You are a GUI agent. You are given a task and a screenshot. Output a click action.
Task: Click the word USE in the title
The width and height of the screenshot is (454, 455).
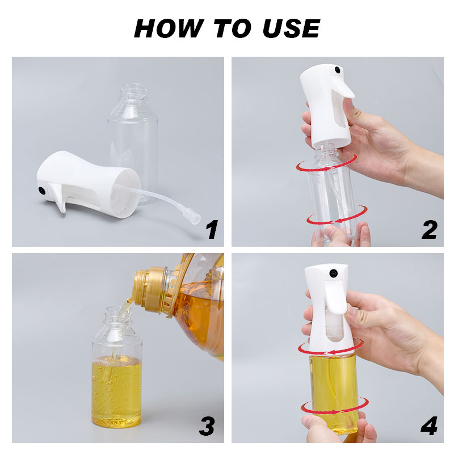[291, 28]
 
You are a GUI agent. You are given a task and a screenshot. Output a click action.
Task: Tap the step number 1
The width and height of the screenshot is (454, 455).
[212, 229]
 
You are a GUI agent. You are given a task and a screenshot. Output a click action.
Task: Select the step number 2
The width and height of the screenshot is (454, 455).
[430, 229]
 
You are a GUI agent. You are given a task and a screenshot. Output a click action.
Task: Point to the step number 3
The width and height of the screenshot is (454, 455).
[207, 425]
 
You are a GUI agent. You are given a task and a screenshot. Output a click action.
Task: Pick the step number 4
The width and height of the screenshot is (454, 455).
[429, 425]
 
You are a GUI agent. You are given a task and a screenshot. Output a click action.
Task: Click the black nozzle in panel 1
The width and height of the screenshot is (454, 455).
[42, 191]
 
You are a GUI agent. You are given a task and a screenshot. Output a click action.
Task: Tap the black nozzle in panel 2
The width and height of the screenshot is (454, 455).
[337, 70]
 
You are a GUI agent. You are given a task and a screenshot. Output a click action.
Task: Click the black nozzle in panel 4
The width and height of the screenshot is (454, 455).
[333, 272]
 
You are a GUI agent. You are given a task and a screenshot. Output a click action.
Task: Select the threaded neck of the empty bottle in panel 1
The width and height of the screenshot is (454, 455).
[134, 91]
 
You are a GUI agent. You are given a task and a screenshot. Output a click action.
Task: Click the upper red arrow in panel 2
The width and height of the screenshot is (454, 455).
[327, 163]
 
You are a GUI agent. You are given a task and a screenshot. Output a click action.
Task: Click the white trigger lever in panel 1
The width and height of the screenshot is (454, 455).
[59, 197]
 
